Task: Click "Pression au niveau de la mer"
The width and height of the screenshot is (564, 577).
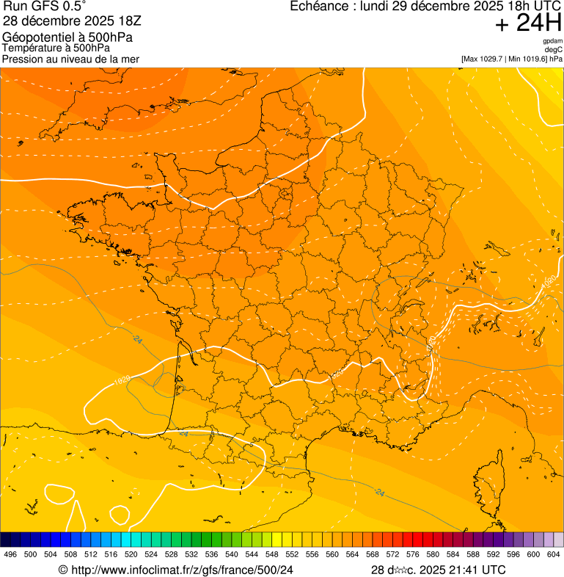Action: pyautogui.click(x=70, y=59)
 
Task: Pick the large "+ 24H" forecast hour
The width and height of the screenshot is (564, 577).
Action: pyautogui.click(x=528, y=23)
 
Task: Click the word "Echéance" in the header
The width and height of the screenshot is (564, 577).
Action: pyautogui.click(x=317, y=7)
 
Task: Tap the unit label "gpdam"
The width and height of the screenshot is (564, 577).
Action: pyautogui.click(x=552, y=41)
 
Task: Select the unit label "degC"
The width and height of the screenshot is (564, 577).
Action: pyautogui.click(x=554, y=50)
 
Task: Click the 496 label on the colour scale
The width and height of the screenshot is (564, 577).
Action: pyautogui.click(x=10, y=555)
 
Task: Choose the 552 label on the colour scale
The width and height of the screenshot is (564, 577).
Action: pyautogui.click(x=292, y=555)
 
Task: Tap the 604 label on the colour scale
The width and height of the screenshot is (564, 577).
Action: pyautogui.click(x=554, y=555)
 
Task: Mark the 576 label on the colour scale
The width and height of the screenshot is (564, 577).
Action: pyautogui.click(x=413, y=555)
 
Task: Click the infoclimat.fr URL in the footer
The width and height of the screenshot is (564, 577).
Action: pyautogui.click(x=182, y=570)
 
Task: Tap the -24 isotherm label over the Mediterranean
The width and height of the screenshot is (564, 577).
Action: pyautogui.click(x=379, y=491)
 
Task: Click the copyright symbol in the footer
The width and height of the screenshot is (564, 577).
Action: pyautogui.click(x=63, y=570)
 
